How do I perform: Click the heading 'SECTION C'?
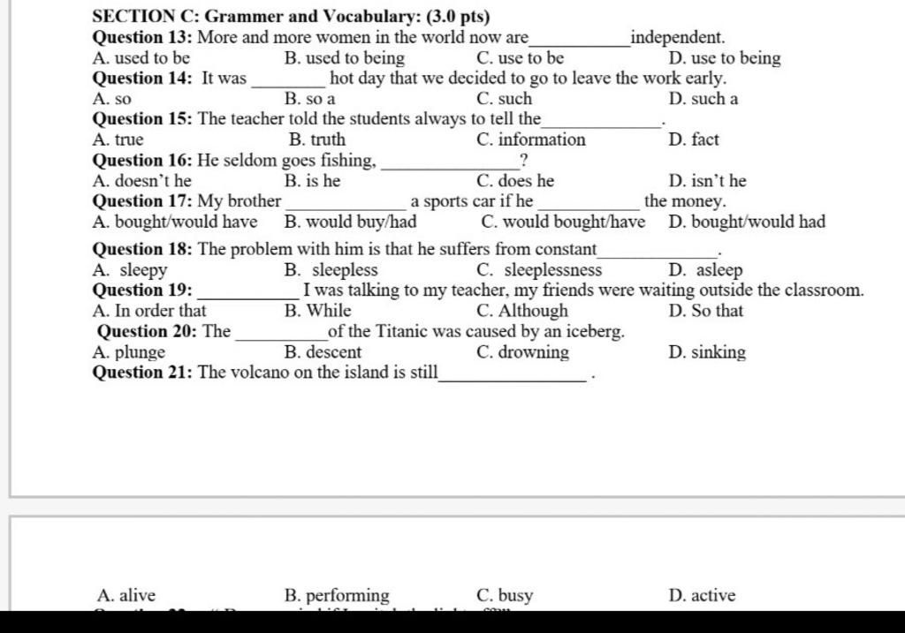pos(145,16)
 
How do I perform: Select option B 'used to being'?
pos(345,58)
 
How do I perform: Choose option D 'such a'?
pos(703,99)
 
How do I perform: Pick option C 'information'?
pos(530,139)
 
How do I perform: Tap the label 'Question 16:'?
pos(142,160)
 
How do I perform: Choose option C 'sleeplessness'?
pos(539,270)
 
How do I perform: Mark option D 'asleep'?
pos(706,270)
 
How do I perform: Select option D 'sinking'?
pos(707,352)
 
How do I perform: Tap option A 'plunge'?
pos(128,352)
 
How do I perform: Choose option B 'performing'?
pos(337,596)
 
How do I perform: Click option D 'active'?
pos(702,596)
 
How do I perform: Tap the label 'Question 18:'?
pos(142,249)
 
